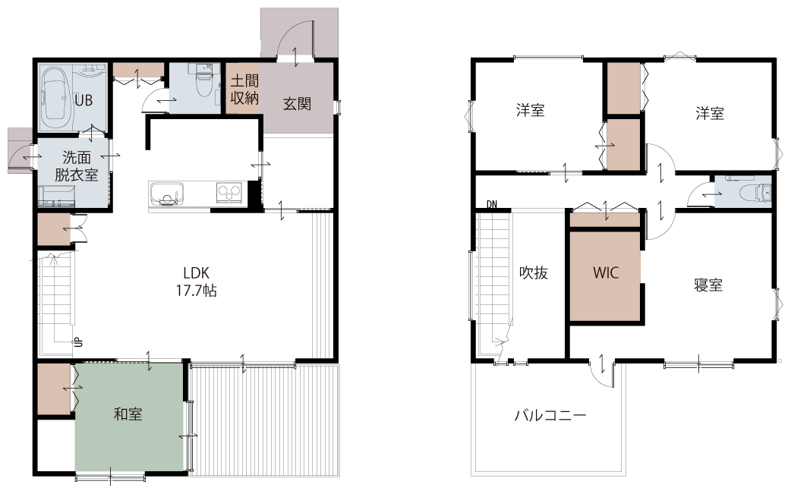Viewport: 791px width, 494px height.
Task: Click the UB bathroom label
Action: [84, 100]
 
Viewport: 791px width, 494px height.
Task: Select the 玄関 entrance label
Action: [297, 104]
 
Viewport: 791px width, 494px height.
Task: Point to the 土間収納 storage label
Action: [244, 90]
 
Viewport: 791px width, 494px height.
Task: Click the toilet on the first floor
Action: [203, 83]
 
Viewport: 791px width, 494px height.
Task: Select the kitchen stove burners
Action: [229, 193]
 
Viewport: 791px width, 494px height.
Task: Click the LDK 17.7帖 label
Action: [196, 282]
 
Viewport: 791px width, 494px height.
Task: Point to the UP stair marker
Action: [78, 342]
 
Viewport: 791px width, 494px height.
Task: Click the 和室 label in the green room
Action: [128, 414]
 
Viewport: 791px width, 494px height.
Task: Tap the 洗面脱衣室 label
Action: [77, 166]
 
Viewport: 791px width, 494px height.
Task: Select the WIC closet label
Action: [606, 272]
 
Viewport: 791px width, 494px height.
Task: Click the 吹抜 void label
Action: [534, 272]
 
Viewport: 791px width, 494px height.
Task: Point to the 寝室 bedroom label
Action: [708, 285]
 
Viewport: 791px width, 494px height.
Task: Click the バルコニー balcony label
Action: [550, 416]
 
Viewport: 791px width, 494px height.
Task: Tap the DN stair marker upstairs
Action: [492, 204]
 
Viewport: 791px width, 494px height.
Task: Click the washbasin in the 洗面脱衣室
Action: [56, 197]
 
